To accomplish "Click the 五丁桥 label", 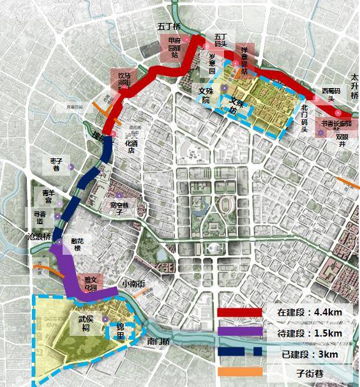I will click(169, 27).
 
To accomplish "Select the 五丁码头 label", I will click(221, 40).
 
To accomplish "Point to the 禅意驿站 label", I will click(248, 54).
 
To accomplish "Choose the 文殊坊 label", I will click(236, 105).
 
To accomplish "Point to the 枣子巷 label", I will click(56, 164).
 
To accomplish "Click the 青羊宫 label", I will click(49, 196).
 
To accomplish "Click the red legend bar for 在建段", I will click(239, 312).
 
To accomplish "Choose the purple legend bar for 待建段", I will click(239, 332).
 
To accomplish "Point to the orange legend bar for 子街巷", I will click(239, 372).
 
